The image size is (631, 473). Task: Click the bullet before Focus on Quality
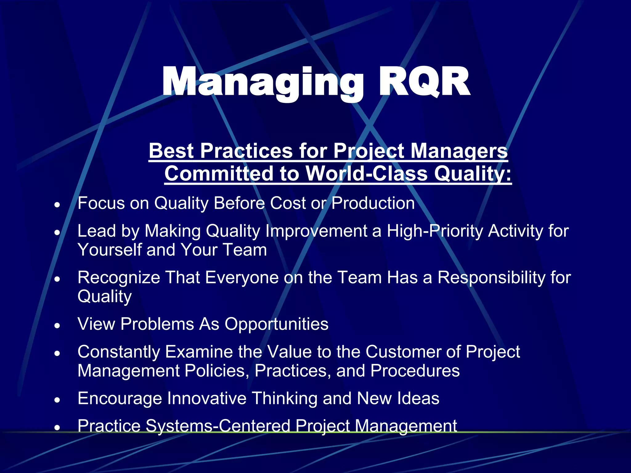pyautogui.click(x=57, y=204)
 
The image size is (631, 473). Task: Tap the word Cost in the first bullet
pyautogui.click(x=288, y=203)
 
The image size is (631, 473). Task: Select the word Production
pyautogui.click(x=373, y=203)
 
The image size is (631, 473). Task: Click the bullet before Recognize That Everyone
pyautogui.click(x=57, y=279)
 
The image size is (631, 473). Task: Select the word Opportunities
pyautogui.click(x=276, y=324)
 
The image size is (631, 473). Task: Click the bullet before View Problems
pyautogui.click(x=57, y=325)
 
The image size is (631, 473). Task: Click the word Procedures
pyautogui.click(x=415, y=370)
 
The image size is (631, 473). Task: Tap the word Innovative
pyautogui.click(x=207, y=398)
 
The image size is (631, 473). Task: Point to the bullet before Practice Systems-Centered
pyautogui.click(x=57, y=427)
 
